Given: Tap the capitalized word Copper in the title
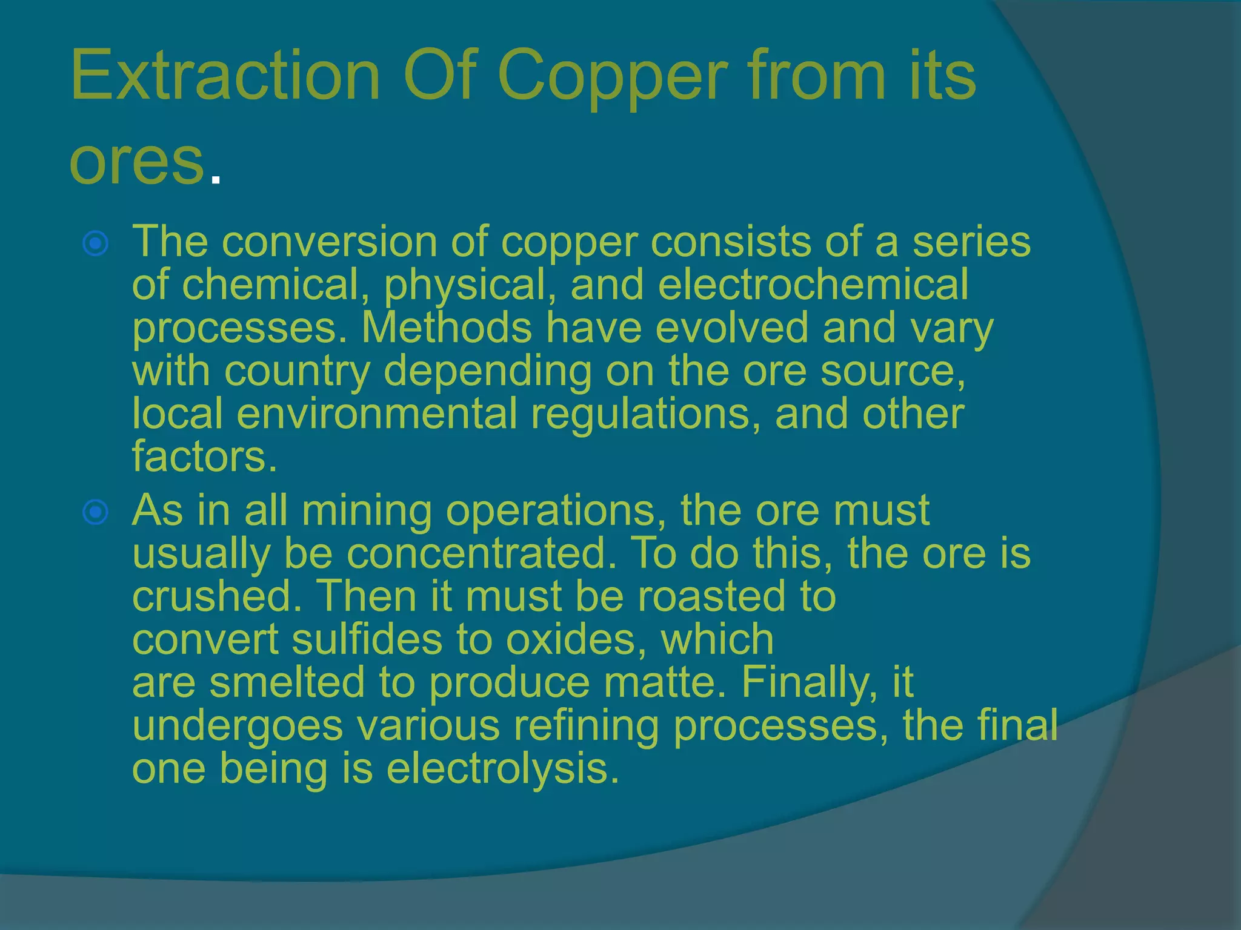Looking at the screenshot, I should [612, 79].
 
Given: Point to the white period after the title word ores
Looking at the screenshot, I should [215, 179].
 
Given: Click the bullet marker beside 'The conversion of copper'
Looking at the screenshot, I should [96, 243].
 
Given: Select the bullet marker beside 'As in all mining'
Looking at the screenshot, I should [96, 512].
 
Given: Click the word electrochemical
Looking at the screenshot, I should [813, 285].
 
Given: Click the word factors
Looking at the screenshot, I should [204, 457].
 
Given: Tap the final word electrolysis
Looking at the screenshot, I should [502, 768].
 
